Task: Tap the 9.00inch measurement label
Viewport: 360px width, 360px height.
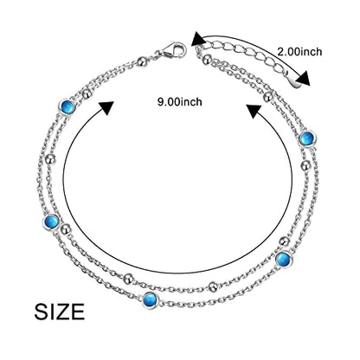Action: coord(180,102)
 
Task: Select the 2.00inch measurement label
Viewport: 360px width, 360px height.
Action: coord(299,52)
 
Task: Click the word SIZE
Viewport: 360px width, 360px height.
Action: coord(60,312)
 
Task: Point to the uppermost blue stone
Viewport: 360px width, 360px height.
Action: coord(67,106)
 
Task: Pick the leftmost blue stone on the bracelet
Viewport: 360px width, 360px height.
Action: coord(52,222)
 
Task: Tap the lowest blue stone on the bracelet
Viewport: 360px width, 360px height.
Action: coord(151,299)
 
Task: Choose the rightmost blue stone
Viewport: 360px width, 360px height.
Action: coord(307,138)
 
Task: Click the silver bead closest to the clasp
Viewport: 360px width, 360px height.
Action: coord(142,61)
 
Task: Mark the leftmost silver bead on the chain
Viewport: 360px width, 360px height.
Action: coord(51,159)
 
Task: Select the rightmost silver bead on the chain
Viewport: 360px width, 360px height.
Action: coord(305,165)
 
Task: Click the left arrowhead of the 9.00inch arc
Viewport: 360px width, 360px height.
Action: coord(106,108)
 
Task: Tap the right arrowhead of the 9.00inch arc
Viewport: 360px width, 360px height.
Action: coord(254,112)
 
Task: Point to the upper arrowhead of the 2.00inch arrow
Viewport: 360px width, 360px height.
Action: coord(198,39)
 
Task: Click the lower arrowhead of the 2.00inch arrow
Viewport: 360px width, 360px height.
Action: coord(305,79)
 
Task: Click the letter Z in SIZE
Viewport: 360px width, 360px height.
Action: coord(65,312)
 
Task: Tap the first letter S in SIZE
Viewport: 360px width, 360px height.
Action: coord(42,312)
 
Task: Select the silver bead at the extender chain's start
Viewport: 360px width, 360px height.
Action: coord(206,60)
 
